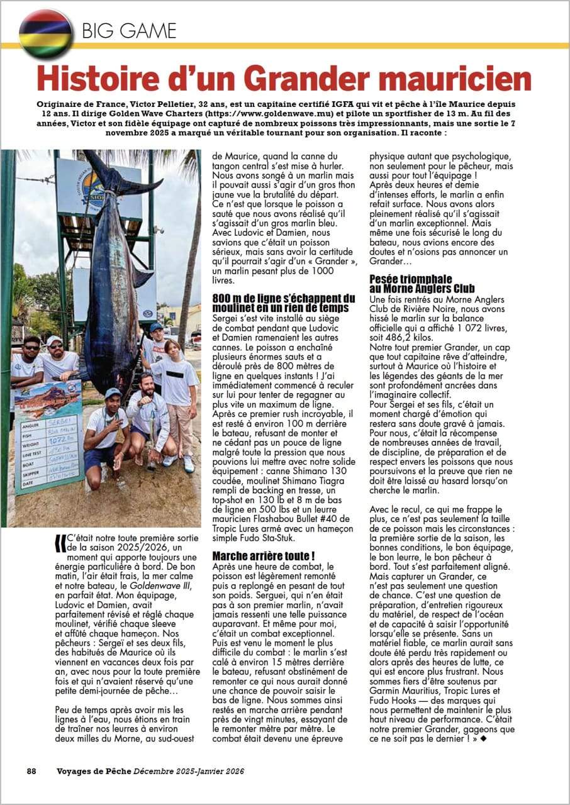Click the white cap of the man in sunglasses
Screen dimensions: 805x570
point(54,340)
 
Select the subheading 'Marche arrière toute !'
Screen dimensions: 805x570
point(264,556)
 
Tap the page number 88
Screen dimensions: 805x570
point(31,771)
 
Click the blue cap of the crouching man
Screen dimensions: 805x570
point(111,392)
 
